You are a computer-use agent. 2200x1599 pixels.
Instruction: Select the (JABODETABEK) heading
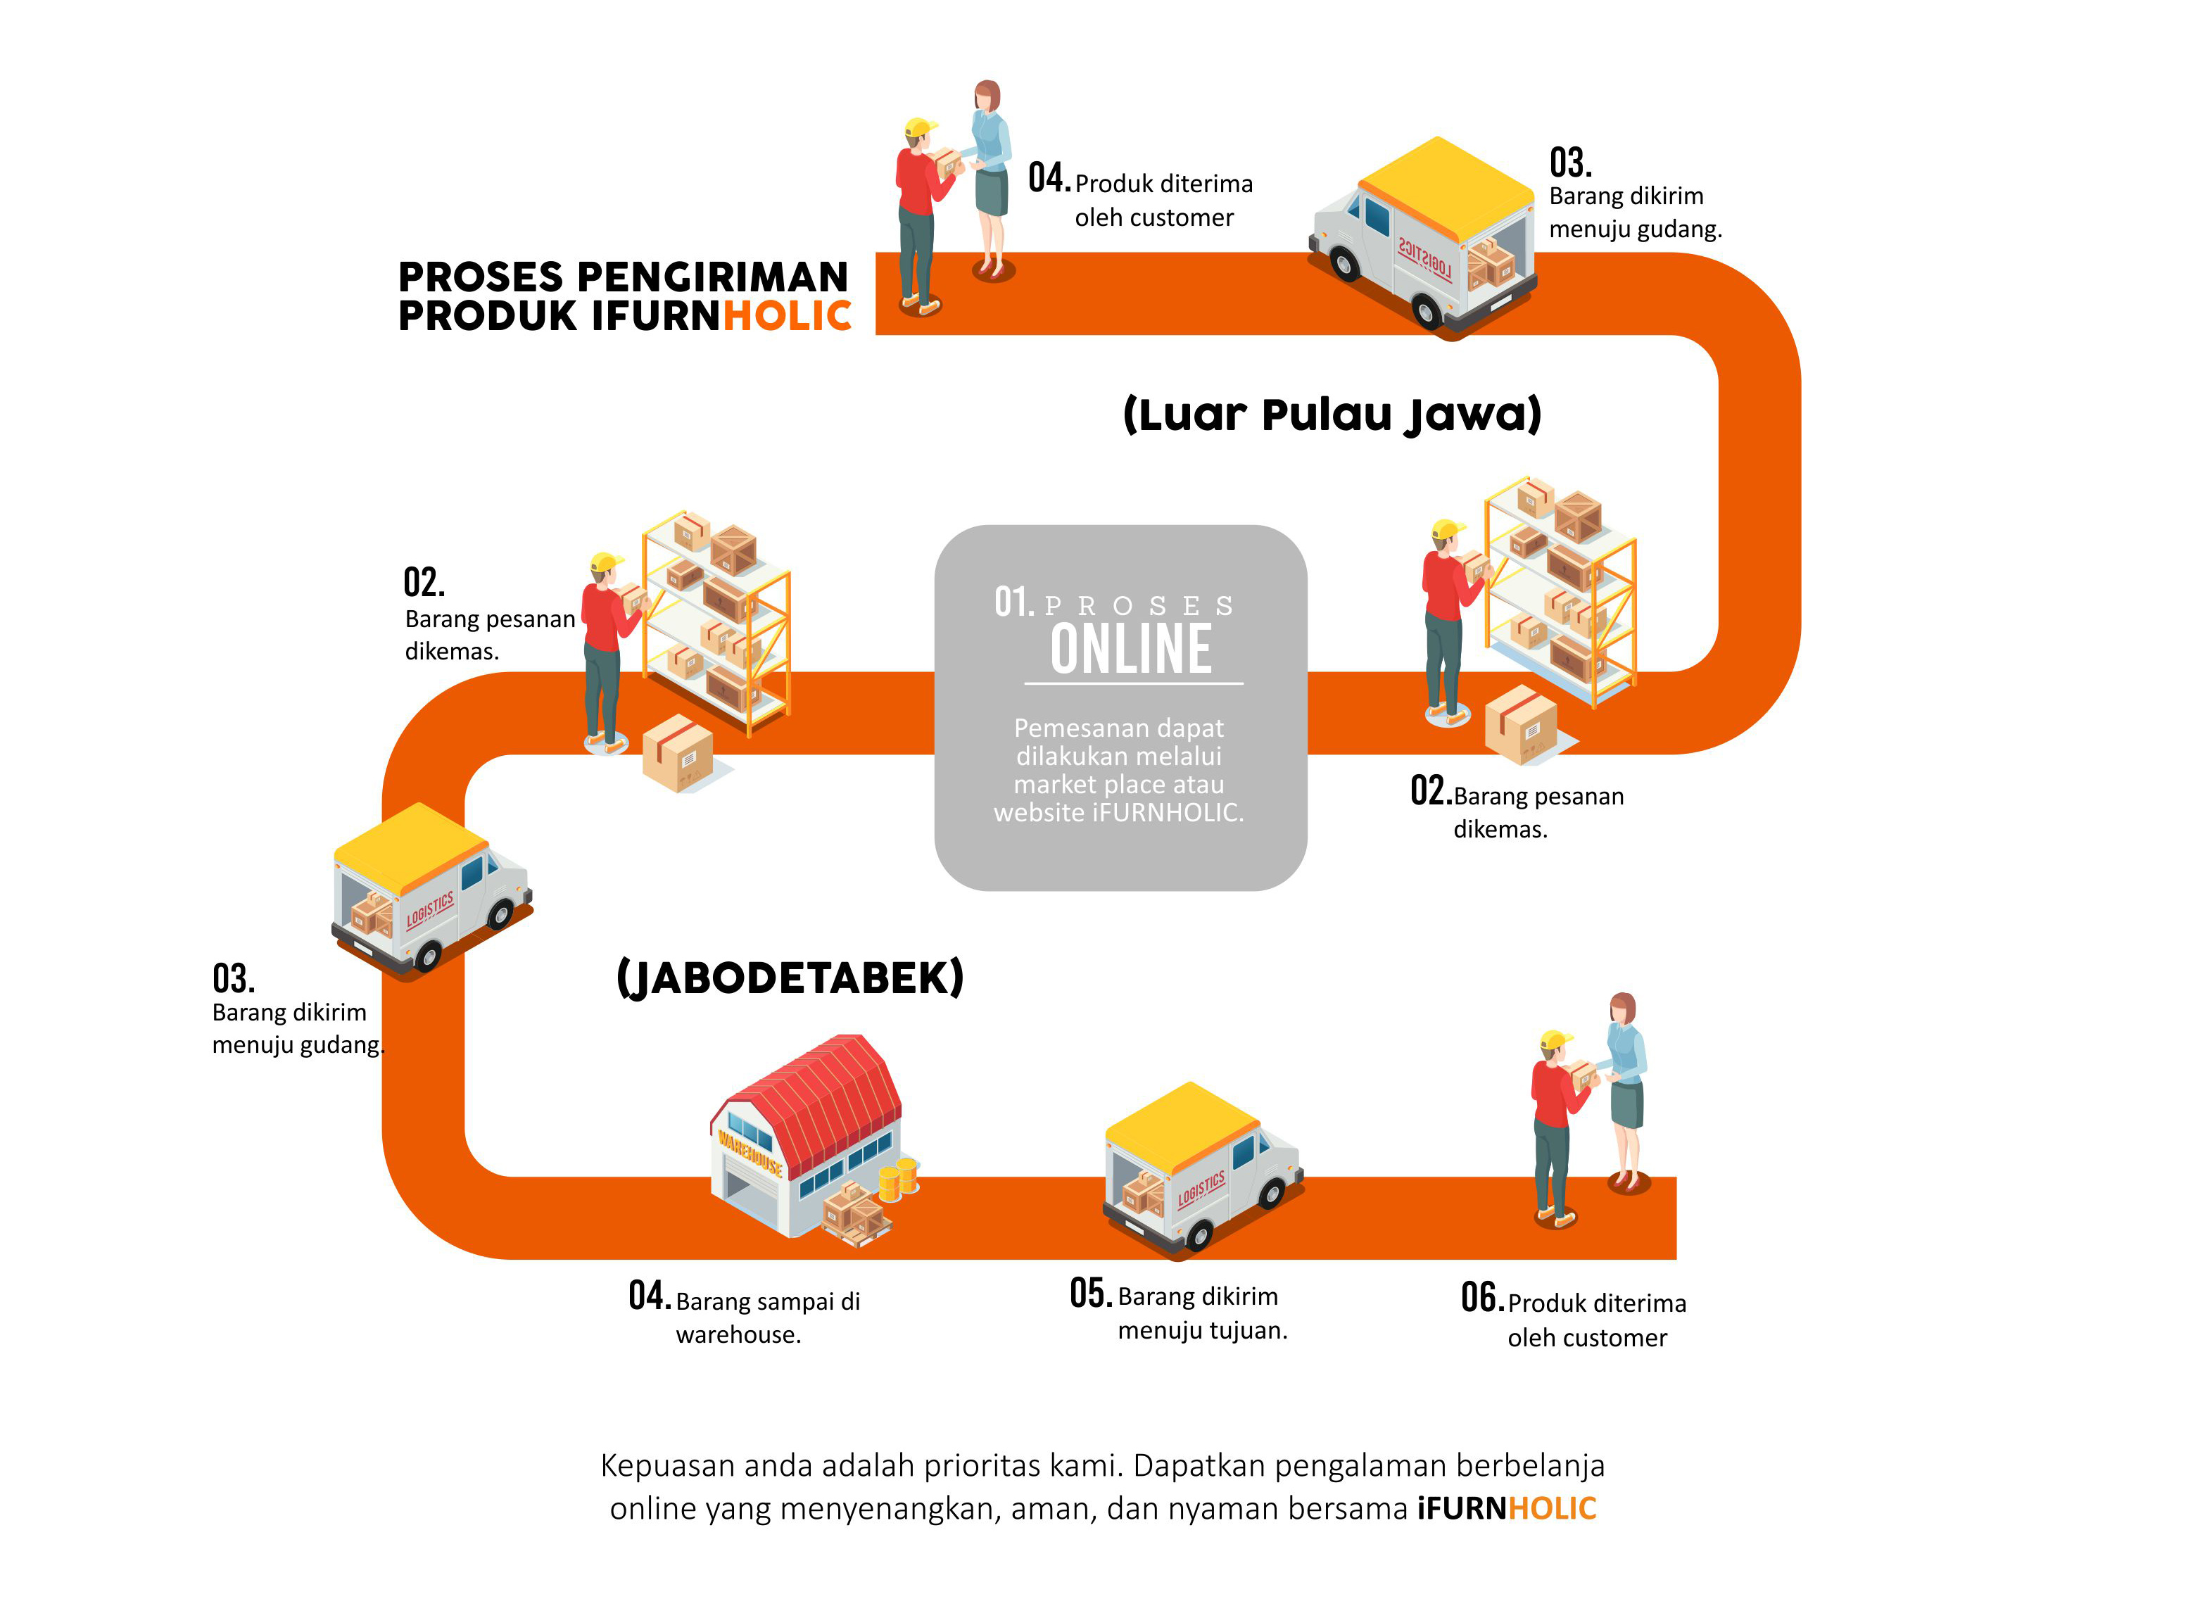(x=790, y=977)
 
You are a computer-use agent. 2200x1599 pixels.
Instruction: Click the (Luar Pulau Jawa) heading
(x=1332, y=415)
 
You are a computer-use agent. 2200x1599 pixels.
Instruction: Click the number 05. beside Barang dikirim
(x=1090, y=1294)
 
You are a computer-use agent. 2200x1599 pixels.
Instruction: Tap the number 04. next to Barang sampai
(x=649, y=1296)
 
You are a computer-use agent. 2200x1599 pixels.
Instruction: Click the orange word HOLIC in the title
(x=788, y=316)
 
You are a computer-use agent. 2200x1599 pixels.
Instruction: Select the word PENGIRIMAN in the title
(x=712, y=277)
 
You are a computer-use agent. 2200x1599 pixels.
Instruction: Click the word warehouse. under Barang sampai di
(x=738, y=1335)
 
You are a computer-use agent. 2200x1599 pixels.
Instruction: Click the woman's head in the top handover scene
(x=987, y=96)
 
